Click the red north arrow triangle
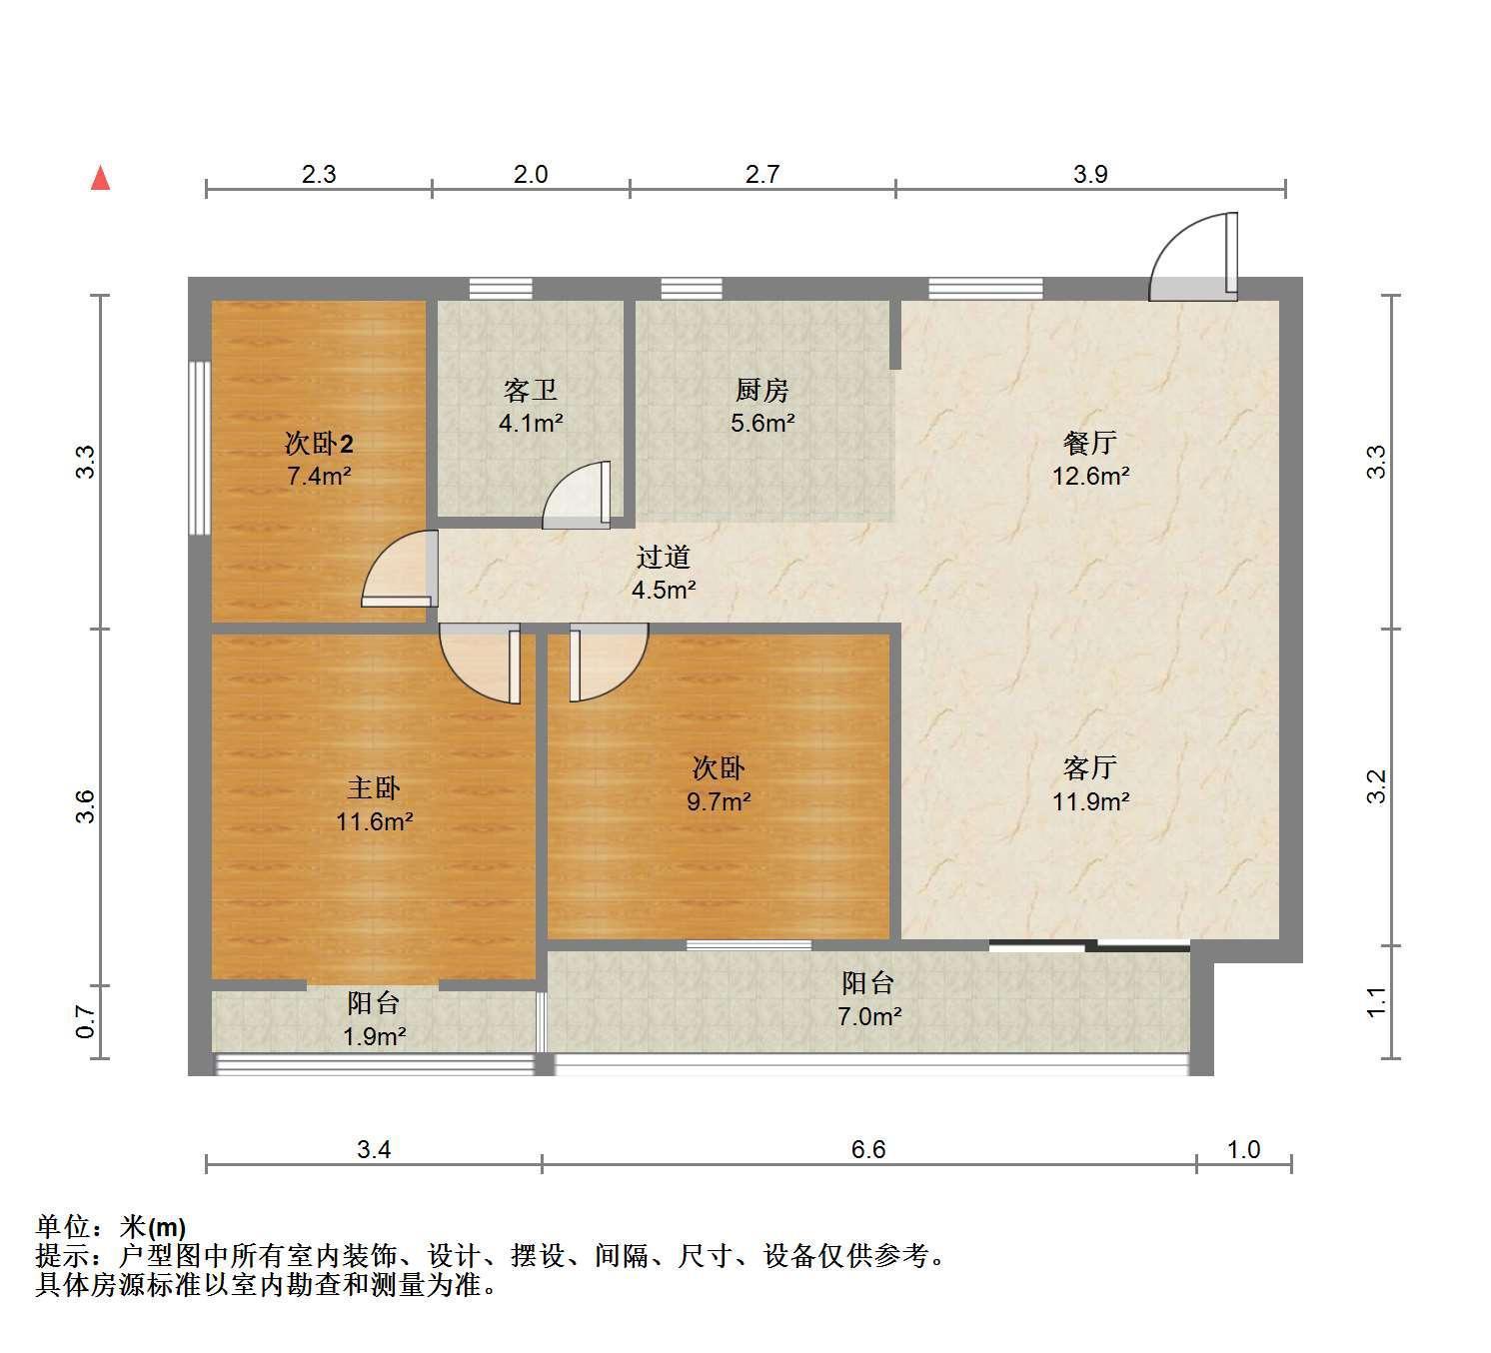(100, 179)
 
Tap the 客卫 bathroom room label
(530, 390)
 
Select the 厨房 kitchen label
(761, 390)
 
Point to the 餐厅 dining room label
(1089, 443)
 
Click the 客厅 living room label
(1089, 768)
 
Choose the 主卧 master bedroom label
(373, 788)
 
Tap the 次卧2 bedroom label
(319, 443)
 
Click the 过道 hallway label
(663, 557)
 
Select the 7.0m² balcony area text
(869, 1016)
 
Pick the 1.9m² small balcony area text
(374, 1036)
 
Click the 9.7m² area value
(718, 801)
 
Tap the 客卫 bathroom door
(577, 495)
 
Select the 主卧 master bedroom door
(480, 664)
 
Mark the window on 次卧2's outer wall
(199, 448)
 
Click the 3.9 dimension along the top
(1090, 174)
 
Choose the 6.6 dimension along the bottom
(868, 1149)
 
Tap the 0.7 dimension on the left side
(86, 1021)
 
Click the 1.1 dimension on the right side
(1376, 1001)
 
